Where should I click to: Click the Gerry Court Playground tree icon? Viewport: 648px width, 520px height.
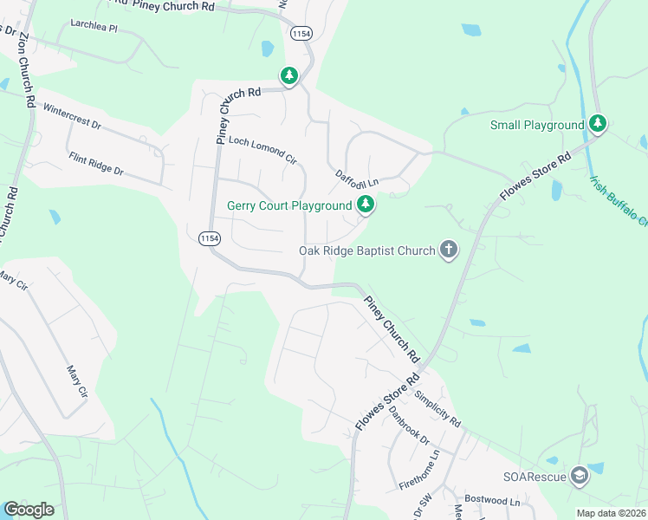[x=366, y=205]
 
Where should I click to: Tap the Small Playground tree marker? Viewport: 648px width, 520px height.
[x=597, y=125]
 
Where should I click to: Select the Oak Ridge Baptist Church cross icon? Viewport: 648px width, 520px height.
[x=448, y=250]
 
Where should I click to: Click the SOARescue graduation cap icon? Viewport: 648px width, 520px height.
[x=579, y=476]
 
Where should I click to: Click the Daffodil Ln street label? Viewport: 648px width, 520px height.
[x=358, y=178]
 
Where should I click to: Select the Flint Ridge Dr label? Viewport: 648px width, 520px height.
[x=96, y=164]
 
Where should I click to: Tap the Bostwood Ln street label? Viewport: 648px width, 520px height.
[x=491, y=501]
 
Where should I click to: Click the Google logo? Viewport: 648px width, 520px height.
[x=29, y=509]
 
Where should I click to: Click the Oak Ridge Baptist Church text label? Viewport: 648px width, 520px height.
[x=366, y=250]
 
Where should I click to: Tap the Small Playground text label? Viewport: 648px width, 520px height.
[x=537, y=125]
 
